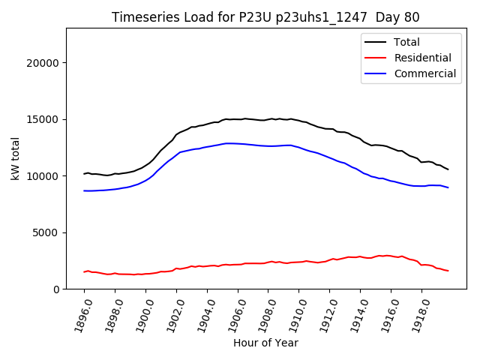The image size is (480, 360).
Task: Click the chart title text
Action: (x=265, y=17)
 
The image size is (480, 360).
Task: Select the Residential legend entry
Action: (x=424, y=58)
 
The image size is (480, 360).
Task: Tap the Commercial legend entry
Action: (x=424, y=73)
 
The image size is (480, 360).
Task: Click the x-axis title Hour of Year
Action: (x=265, y=343)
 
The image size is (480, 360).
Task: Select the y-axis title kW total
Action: (x=16, y=158)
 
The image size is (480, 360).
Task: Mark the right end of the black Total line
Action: (x=448, y=169)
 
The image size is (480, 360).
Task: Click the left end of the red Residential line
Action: (x=84, y=271)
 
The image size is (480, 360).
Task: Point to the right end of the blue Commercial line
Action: (x=448, y=187)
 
